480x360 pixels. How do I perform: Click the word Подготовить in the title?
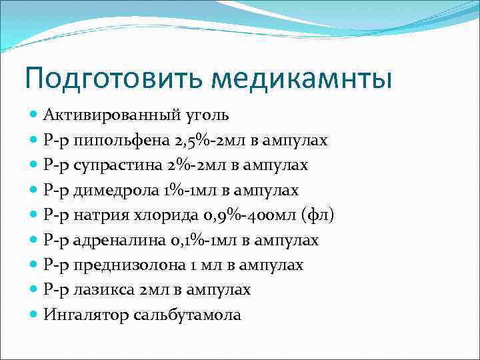pos(113,78)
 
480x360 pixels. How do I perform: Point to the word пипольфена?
pos(122,141)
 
